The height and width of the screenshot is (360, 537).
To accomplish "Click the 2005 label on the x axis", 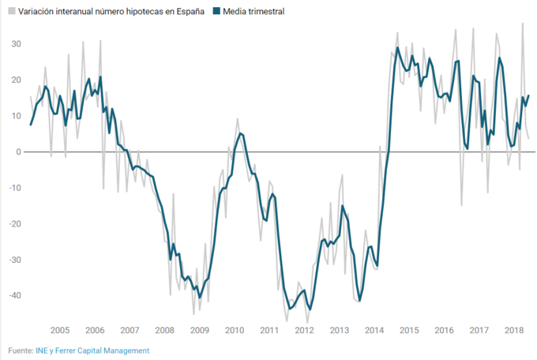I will click(60, 330).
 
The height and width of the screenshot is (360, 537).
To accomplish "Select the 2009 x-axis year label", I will click(200, 330).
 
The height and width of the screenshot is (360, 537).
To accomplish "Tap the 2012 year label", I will click(304, 330).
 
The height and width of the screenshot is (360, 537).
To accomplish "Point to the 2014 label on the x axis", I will click(374, 330).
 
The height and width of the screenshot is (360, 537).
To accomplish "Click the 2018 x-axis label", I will click(514, 330).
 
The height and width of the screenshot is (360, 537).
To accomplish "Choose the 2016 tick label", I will click(444, 330).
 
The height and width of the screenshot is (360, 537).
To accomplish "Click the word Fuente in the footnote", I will click(20, 350).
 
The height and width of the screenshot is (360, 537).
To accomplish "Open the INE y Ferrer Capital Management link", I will click(92, 350).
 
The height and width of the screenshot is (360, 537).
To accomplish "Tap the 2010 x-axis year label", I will click(235, 330).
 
